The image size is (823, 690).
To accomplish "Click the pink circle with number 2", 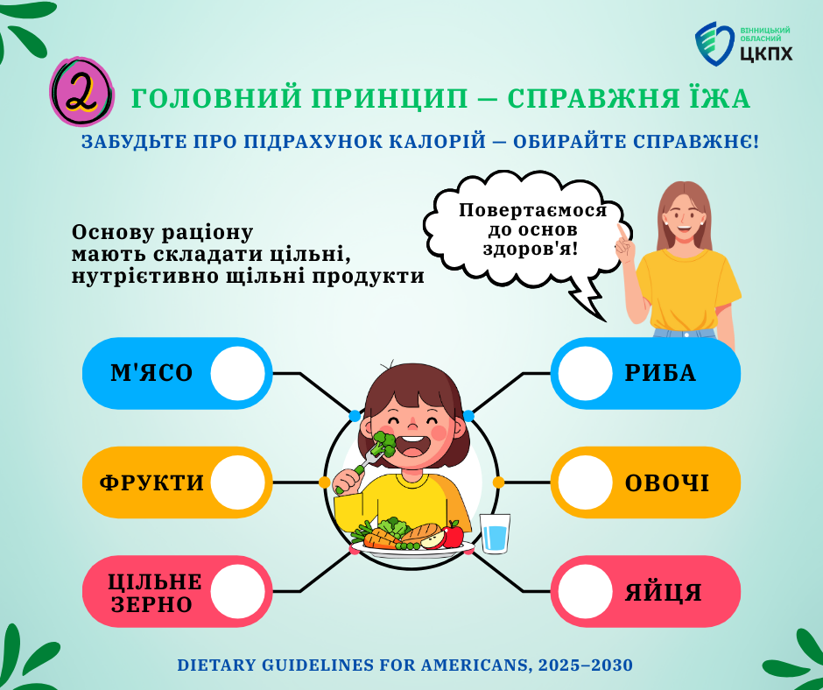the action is tap(82, 92).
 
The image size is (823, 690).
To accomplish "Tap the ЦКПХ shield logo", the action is tap(714, 44).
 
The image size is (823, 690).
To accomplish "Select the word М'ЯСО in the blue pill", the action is tap(151, 373).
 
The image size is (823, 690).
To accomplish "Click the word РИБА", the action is tap(660, 373).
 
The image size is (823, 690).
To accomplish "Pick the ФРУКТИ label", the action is tap(151, 482).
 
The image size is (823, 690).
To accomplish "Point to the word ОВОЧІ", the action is tap(666, 483).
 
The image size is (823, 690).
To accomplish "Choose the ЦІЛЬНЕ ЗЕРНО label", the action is tap(155, 593).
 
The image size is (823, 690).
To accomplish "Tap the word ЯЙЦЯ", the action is tap(664, 592).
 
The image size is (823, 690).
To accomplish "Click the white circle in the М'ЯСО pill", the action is tap(238, 373).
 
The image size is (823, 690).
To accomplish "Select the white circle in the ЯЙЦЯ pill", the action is tap(585, 592).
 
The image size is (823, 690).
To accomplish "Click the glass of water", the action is tap(495, 533).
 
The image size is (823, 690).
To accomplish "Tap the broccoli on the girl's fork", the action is tap(384, 443).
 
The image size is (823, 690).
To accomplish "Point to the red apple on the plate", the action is tap(453, 534).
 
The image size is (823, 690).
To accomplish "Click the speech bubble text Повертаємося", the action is tap(532, 210).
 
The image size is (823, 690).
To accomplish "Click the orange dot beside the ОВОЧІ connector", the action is tap(498, 482).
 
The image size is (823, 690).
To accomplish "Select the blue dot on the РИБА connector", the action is tap(468, 417).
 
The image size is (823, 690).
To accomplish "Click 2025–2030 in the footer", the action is tap(585, 665).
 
